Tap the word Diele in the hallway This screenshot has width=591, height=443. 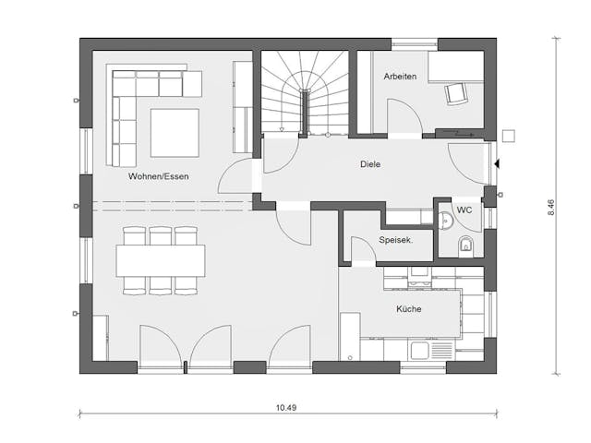tap(370, 164)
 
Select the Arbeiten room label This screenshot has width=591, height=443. tap(400, 77)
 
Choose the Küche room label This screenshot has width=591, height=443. tap(408, 309)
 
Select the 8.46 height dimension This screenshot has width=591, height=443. tap(550, 206)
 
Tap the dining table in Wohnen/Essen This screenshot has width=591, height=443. tap(161, 260)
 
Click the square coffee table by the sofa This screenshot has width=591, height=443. tap(175, 133)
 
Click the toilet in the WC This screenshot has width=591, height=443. tap(466, 245)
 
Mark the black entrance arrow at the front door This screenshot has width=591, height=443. tap(498, 164)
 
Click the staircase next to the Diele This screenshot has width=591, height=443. tap(304, 92)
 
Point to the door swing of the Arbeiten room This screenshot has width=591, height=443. tap(404, 116)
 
